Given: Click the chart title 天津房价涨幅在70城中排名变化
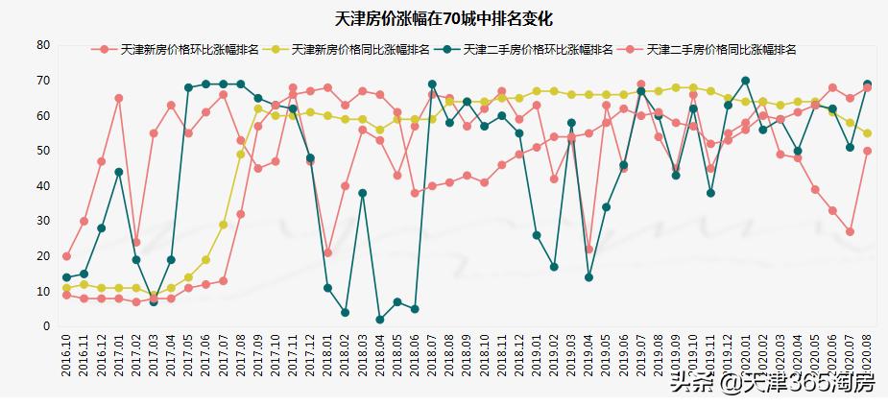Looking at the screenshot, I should pos(444,18).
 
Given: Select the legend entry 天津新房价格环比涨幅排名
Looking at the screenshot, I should pos(177,49).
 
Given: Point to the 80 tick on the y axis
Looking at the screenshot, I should pos(42,45).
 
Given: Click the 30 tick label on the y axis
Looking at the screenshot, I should pos(42,221).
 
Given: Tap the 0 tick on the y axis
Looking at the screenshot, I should pos(45,326).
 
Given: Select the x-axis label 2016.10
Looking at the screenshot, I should pos(66,357).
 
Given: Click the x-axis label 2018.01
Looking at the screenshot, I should pos(327,357).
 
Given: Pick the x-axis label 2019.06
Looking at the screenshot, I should pos(623,357).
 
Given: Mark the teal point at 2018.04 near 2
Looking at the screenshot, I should pos(380,320).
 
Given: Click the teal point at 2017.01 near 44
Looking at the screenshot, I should pos(119,172).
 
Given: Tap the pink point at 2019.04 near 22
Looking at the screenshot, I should pos(588,250).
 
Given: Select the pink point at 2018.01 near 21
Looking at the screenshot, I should pos(327,252).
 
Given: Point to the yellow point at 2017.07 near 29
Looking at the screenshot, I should pos(223,225).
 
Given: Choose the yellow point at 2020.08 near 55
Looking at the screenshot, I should pos(867,133).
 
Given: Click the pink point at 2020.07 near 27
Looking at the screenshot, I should pos(850,231).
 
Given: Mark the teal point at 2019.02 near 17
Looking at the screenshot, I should pos(554,267).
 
